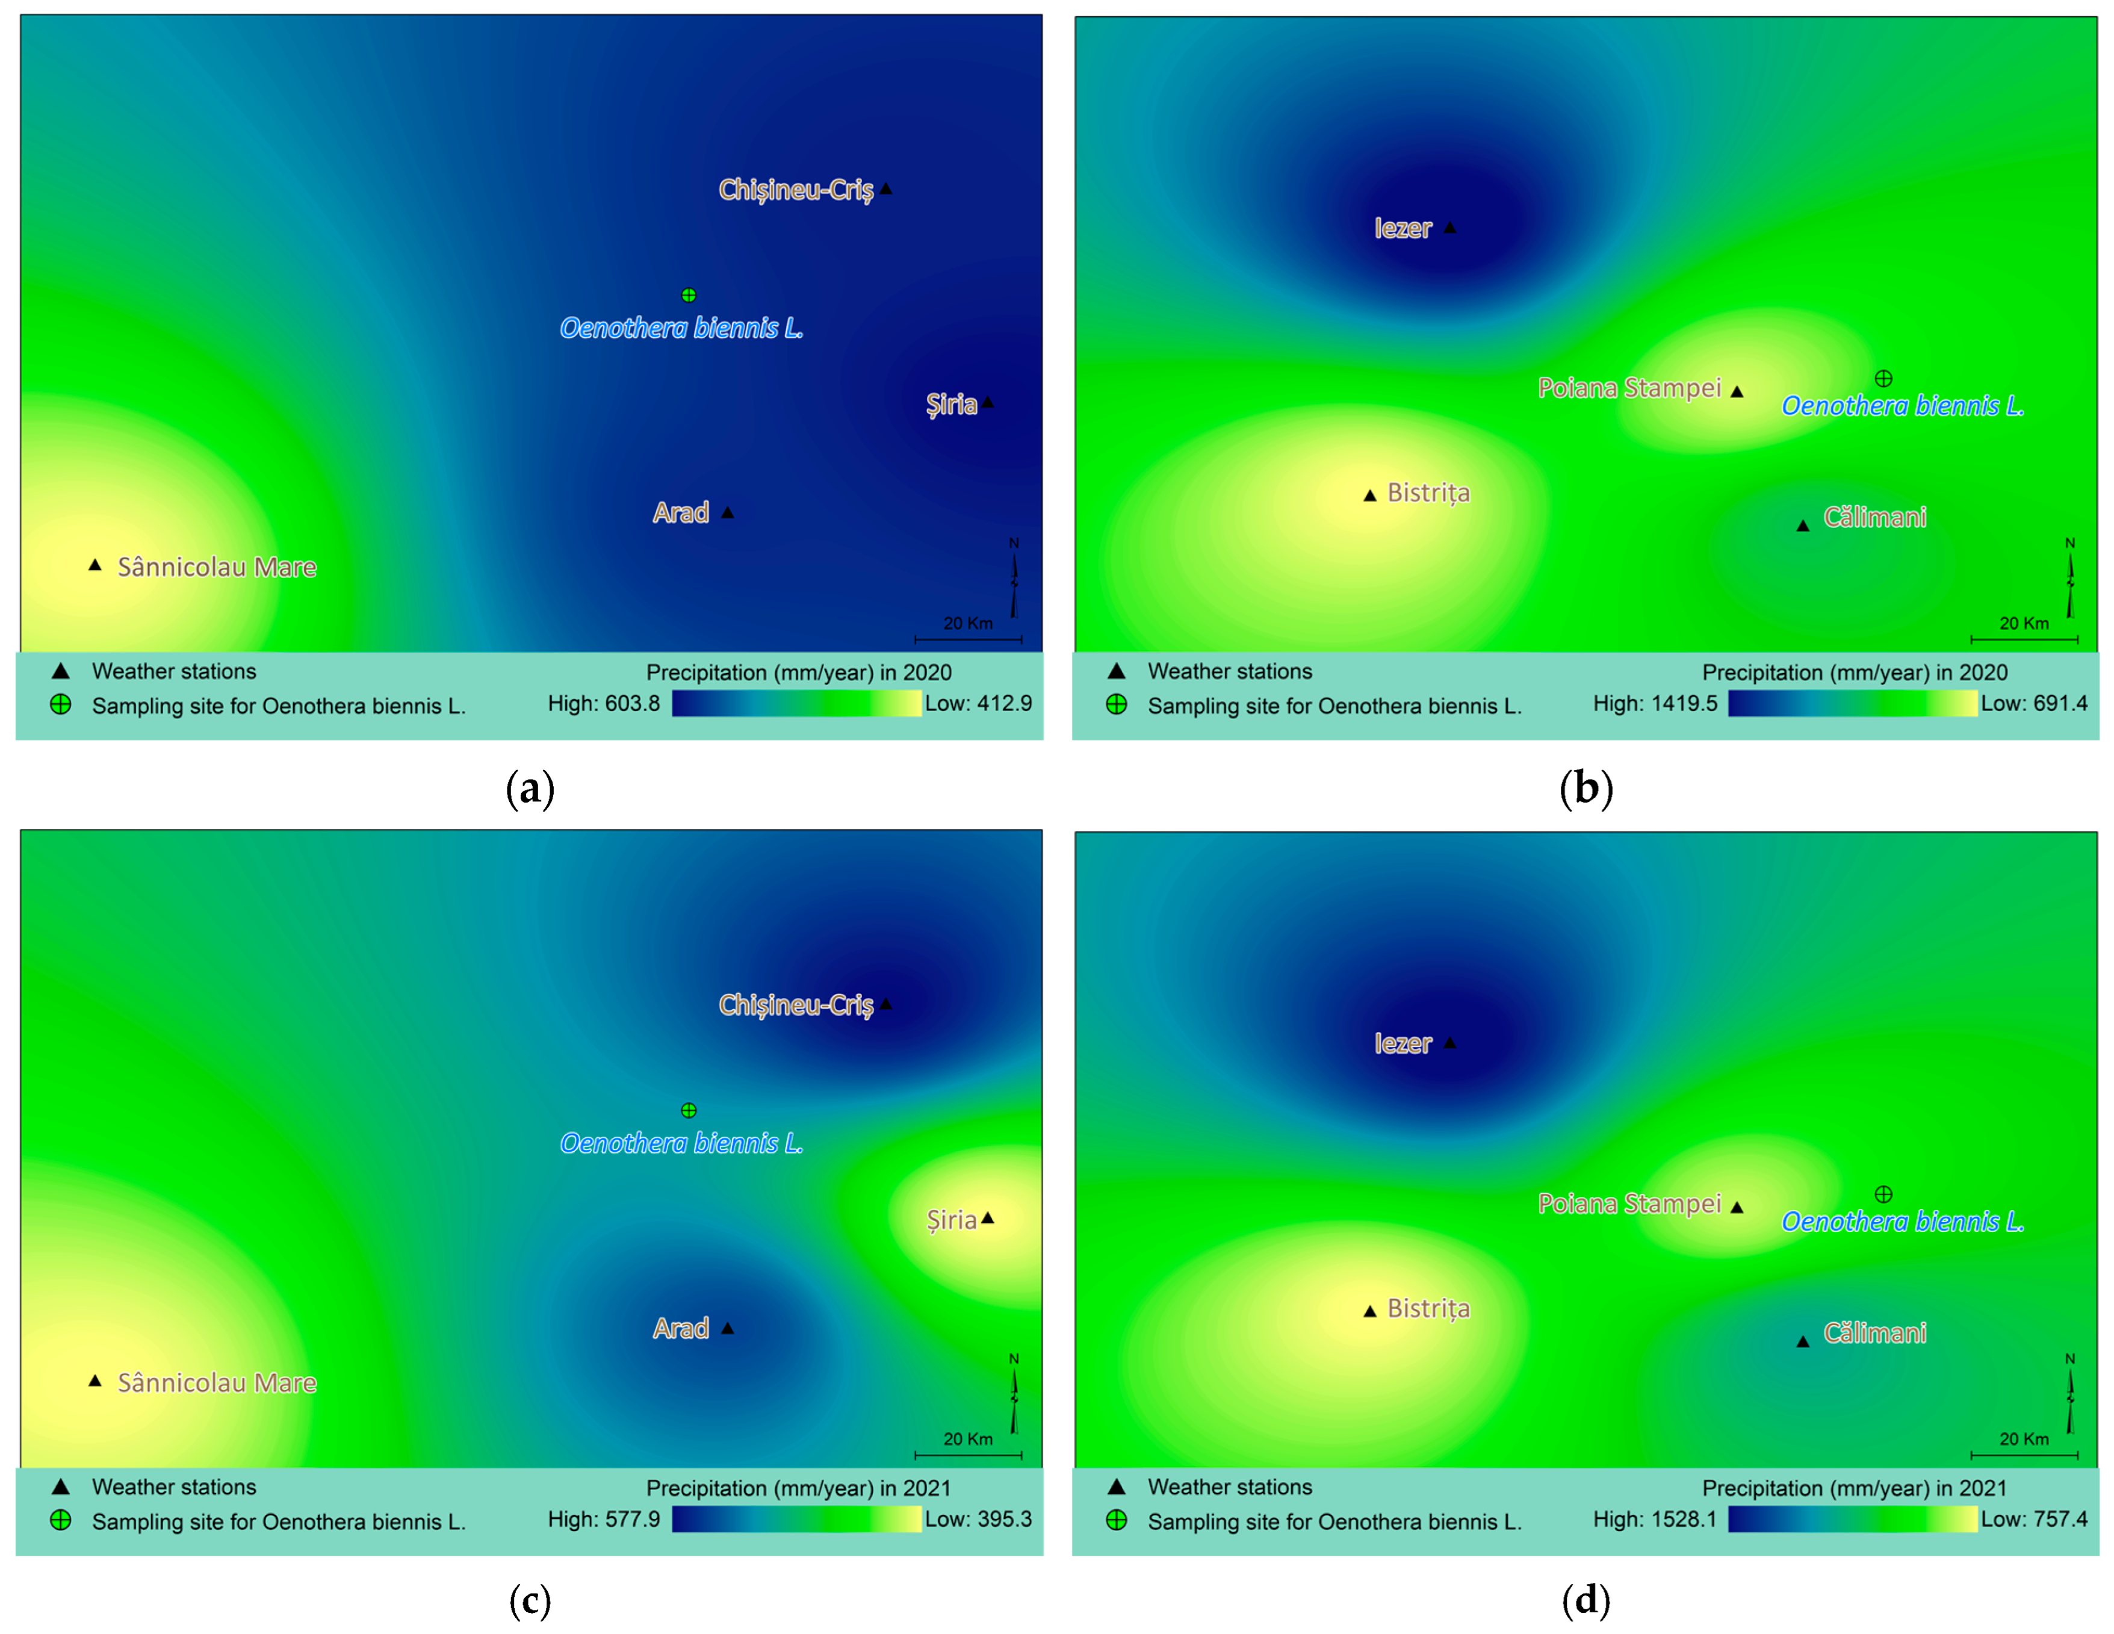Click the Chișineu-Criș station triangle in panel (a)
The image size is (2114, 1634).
[885, 189]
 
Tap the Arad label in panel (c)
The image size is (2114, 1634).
[680, 1328]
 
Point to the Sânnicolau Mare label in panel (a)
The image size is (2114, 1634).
[217, 567]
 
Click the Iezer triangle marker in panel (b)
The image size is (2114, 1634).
[1449, 228]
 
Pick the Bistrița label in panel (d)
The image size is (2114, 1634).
[1428, 1309]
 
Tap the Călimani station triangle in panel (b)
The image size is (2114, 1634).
[1802, 526]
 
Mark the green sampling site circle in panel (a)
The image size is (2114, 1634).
[688, 295]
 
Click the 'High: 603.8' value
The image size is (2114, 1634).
[603, 704]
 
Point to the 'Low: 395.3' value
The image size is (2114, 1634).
[978, 1520]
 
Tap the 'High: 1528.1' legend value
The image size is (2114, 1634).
[1654, 1520]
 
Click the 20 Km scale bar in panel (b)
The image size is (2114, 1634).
[2024, 638]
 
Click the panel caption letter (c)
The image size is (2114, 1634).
[530, 1601]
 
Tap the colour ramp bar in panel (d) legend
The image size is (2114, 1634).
[1852, 1520]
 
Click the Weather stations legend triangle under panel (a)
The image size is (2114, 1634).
[60, 671]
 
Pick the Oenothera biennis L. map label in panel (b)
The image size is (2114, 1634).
[1902, 406]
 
